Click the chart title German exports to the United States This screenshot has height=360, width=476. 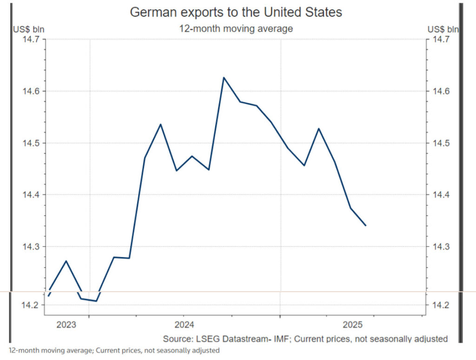click(x=236, y=12)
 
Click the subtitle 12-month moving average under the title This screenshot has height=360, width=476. click(x=236, y=28)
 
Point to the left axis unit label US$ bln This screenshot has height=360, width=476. click(x=28, y=29)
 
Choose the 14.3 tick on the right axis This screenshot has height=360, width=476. click(x=440, y=247)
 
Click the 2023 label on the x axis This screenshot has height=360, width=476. click(x=66, y=324)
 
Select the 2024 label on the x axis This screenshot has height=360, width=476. click(x=185, y=324)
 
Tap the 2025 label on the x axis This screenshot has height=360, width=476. click(x=352, y=324)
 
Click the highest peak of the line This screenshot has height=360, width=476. click(x=224, y=77)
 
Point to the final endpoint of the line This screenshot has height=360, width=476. click(x=366, y=226)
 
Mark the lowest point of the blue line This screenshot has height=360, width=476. click(x=96, y=301)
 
